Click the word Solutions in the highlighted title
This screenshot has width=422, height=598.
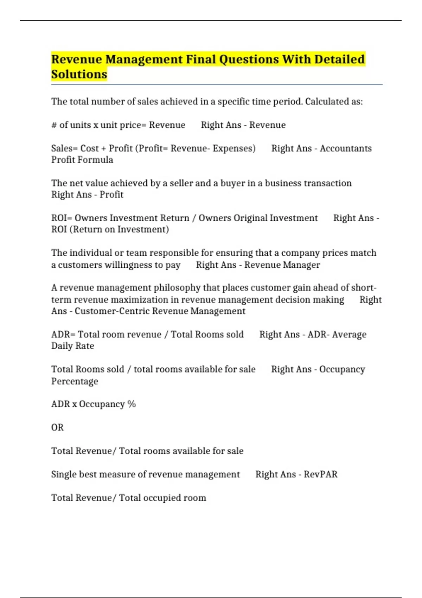(79, 75)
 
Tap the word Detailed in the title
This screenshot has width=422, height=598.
(339, 59)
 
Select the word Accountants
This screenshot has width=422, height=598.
(346, 148)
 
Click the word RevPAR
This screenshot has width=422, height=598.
(320, 475)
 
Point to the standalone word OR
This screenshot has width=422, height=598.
(57, 428)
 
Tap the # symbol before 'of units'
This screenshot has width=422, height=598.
(54, 125)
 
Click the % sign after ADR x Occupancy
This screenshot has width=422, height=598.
(132, 404)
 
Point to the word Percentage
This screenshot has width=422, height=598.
(75, 381)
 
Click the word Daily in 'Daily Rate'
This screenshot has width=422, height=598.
(62, 346)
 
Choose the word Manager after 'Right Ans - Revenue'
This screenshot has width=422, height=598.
(302, 265)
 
